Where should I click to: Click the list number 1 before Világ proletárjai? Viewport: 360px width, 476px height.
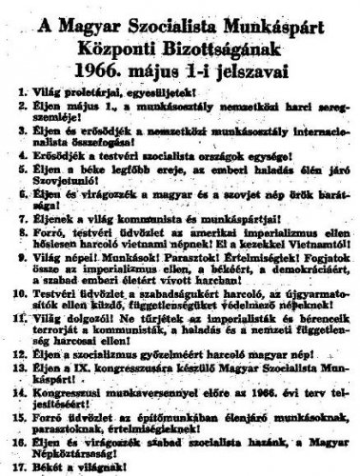tap(20, 99)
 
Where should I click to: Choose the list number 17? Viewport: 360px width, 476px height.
tap(18, 466)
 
